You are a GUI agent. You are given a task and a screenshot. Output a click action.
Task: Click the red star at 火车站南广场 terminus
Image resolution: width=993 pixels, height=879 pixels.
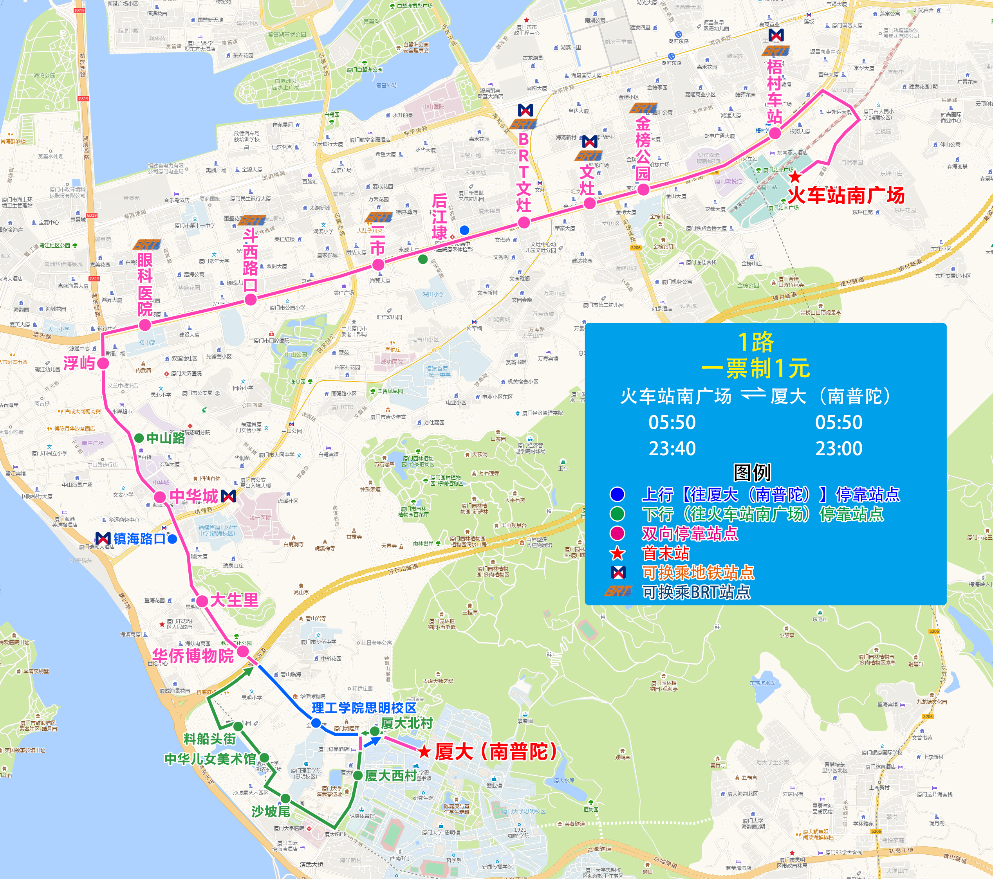click(795, 177)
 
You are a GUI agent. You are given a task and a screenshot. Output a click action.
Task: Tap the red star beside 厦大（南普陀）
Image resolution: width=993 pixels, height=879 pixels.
click(424, 752)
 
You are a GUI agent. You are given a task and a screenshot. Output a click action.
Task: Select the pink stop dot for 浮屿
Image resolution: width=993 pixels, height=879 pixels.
click(103, 363)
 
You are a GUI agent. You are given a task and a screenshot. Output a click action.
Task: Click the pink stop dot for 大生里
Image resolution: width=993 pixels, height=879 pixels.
click(202, 601)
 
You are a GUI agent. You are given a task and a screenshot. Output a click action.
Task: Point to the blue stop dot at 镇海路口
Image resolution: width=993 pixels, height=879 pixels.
click(172, 539)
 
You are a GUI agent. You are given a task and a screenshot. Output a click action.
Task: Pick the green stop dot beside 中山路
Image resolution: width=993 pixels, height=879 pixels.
click(139, 438)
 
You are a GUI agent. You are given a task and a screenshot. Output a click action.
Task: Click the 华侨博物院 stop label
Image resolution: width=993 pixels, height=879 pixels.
click(193, 656)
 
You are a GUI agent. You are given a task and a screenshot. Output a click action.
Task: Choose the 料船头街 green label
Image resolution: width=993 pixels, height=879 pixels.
click(209, 739)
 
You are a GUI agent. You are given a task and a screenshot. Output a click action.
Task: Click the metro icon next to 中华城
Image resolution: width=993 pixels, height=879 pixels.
click(228, 496)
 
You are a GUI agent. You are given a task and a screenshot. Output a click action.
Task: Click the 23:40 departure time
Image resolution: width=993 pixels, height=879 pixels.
click(672, 448)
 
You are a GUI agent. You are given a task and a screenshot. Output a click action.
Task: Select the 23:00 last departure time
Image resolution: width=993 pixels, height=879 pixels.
click(838, 448)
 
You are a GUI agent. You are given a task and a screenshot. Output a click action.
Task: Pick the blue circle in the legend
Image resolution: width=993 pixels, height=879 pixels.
click(617, 494)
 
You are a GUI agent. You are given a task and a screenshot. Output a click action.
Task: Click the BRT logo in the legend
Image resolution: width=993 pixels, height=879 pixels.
click(617, 591)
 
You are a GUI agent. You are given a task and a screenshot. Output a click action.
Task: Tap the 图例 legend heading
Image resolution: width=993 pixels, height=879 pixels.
click(752, 472)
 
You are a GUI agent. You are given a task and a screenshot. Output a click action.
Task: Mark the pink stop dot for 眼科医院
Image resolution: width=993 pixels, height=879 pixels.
click(145, 325)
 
